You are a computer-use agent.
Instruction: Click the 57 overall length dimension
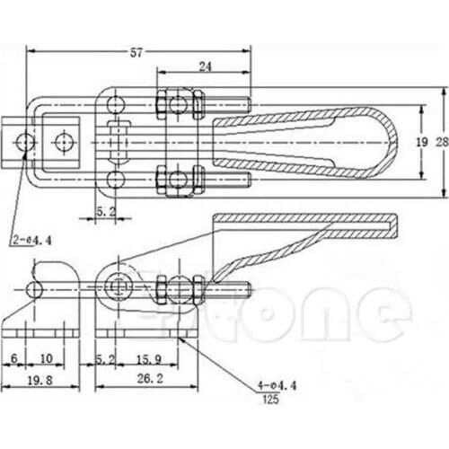click(136, 53)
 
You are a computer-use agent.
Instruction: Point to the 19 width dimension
click(422, 142)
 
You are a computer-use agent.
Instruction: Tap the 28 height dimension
click(440, 142)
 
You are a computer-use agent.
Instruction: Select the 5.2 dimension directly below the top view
click(105, 211)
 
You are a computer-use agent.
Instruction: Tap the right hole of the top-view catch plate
click(63, 141)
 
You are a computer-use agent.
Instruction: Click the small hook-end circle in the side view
click(35, 287)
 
